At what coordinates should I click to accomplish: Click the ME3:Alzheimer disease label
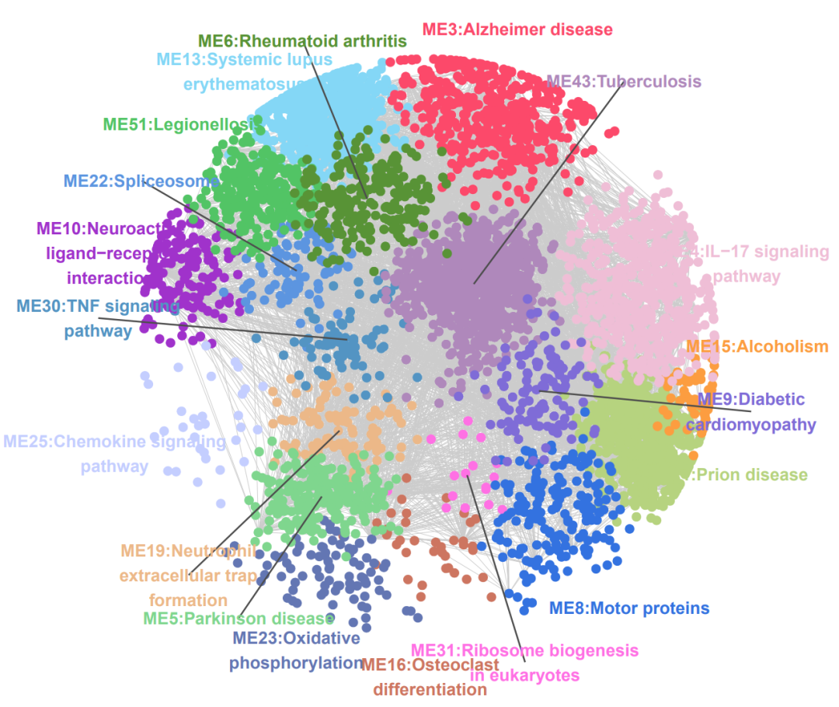(x=517, y=30)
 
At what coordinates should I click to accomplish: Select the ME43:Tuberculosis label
(x=624, y=81)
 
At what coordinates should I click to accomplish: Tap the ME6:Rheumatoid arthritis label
(x=302, y=40)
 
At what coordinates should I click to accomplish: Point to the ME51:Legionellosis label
(x=179, y=124)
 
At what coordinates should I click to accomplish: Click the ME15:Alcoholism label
(x=757, y=346)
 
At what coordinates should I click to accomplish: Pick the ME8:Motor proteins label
(x=629, y=608)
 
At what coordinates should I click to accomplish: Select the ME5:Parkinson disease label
(x=238, y=619)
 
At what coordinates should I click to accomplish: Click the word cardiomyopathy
(x=751, y=425)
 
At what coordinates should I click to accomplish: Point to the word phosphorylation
(x=295, y=664)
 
